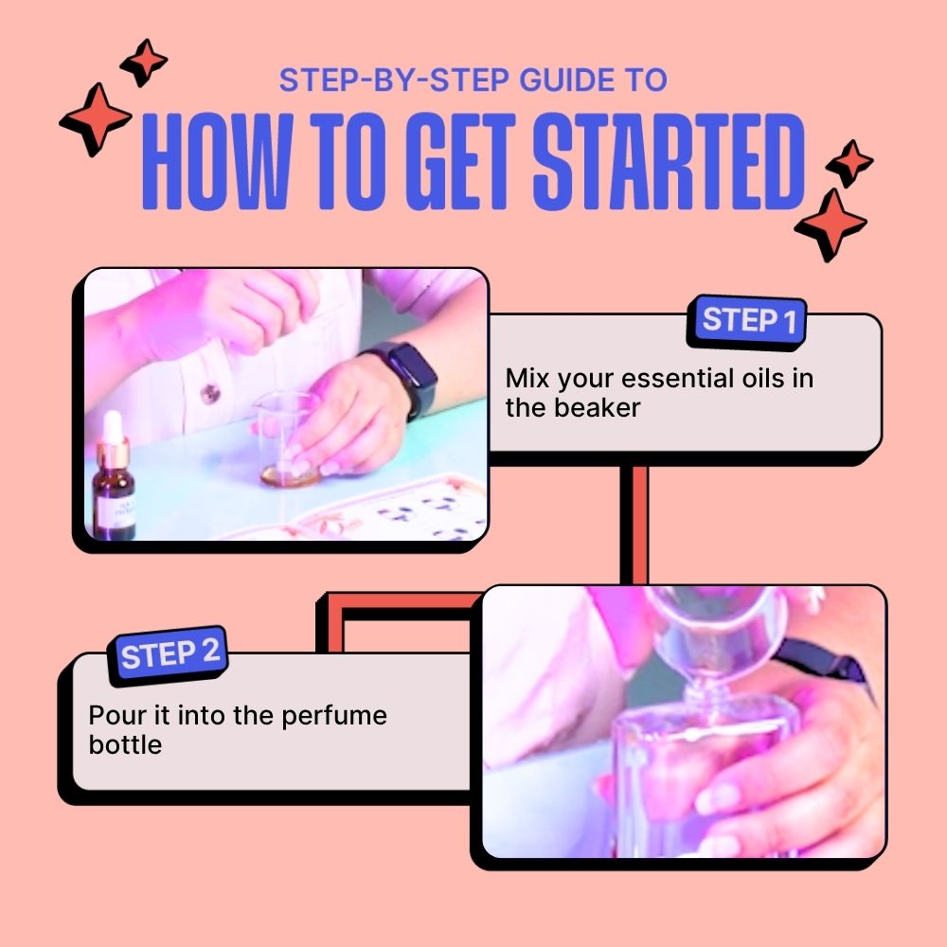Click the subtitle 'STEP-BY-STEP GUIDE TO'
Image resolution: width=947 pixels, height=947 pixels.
pos(473,80)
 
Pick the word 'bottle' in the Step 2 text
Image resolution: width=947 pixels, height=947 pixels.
pos(125,744)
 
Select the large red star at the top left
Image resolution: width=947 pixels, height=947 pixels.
pos(96,118)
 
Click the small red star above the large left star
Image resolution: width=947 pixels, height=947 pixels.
pos(144,62)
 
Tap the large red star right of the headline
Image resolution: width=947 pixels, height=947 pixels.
pos(831,223)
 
